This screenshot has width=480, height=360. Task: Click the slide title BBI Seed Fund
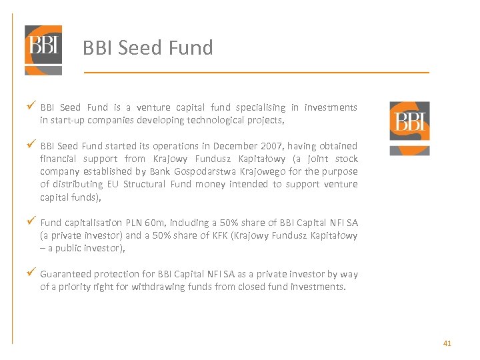[x=147, y=48]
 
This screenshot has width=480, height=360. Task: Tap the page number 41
[x=447, y=343]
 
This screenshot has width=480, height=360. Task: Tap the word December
[x=237, y=146]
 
